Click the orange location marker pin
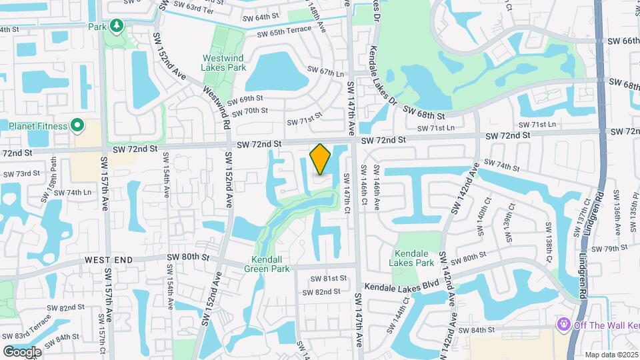[x=320, y=159]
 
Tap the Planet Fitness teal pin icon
[x=77, y=125]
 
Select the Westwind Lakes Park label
[x=224, y=63]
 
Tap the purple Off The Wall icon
[x=563, y=324]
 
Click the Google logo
[x=22, y=351]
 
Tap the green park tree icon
[x=117, y=25]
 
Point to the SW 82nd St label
[x=321, y=292]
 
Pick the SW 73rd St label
[x=22, y=174]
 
